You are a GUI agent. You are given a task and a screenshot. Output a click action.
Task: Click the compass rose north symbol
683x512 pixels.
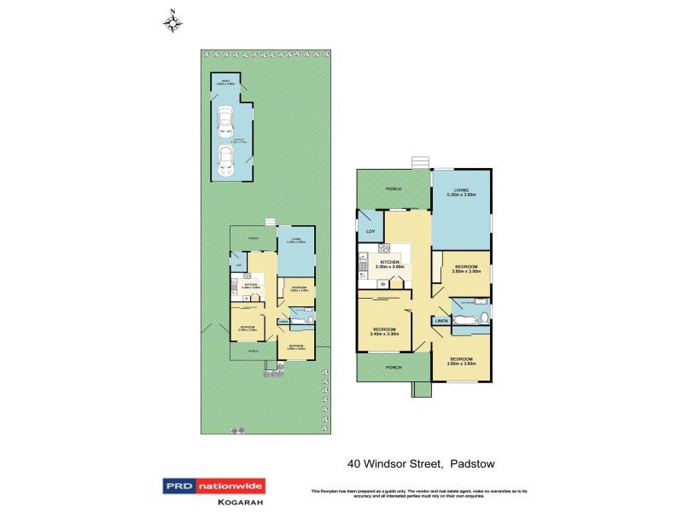173,20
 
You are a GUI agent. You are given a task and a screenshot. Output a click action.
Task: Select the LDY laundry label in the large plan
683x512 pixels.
371,231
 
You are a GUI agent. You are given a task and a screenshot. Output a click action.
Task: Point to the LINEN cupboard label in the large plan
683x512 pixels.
441,321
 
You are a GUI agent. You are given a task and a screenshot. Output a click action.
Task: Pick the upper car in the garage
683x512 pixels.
225,121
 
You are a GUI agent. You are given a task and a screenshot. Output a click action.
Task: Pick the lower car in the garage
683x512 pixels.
225,158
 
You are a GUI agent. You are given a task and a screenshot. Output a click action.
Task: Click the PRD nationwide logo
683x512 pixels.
214,486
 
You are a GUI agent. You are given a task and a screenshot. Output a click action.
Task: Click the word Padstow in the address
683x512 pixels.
473,464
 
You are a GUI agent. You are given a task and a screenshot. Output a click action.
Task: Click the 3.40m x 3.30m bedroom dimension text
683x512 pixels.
385,335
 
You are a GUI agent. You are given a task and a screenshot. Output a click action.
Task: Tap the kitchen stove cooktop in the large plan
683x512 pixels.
383,249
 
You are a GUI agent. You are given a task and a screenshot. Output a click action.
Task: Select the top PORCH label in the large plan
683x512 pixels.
394,189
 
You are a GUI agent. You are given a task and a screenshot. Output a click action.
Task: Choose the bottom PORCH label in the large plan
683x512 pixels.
394,368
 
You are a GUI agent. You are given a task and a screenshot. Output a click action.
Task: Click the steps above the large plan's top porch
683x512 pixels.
418,163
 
